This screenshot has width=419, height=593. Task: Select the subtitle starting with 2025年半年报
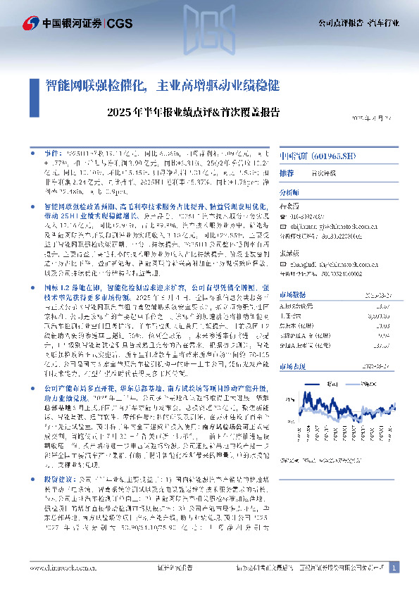tap(195, 112)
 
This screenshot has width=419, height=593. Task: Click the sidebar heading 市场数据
tap(292, 295)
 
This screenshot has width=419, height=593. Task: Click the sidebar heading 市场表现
tap(292, 366)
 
